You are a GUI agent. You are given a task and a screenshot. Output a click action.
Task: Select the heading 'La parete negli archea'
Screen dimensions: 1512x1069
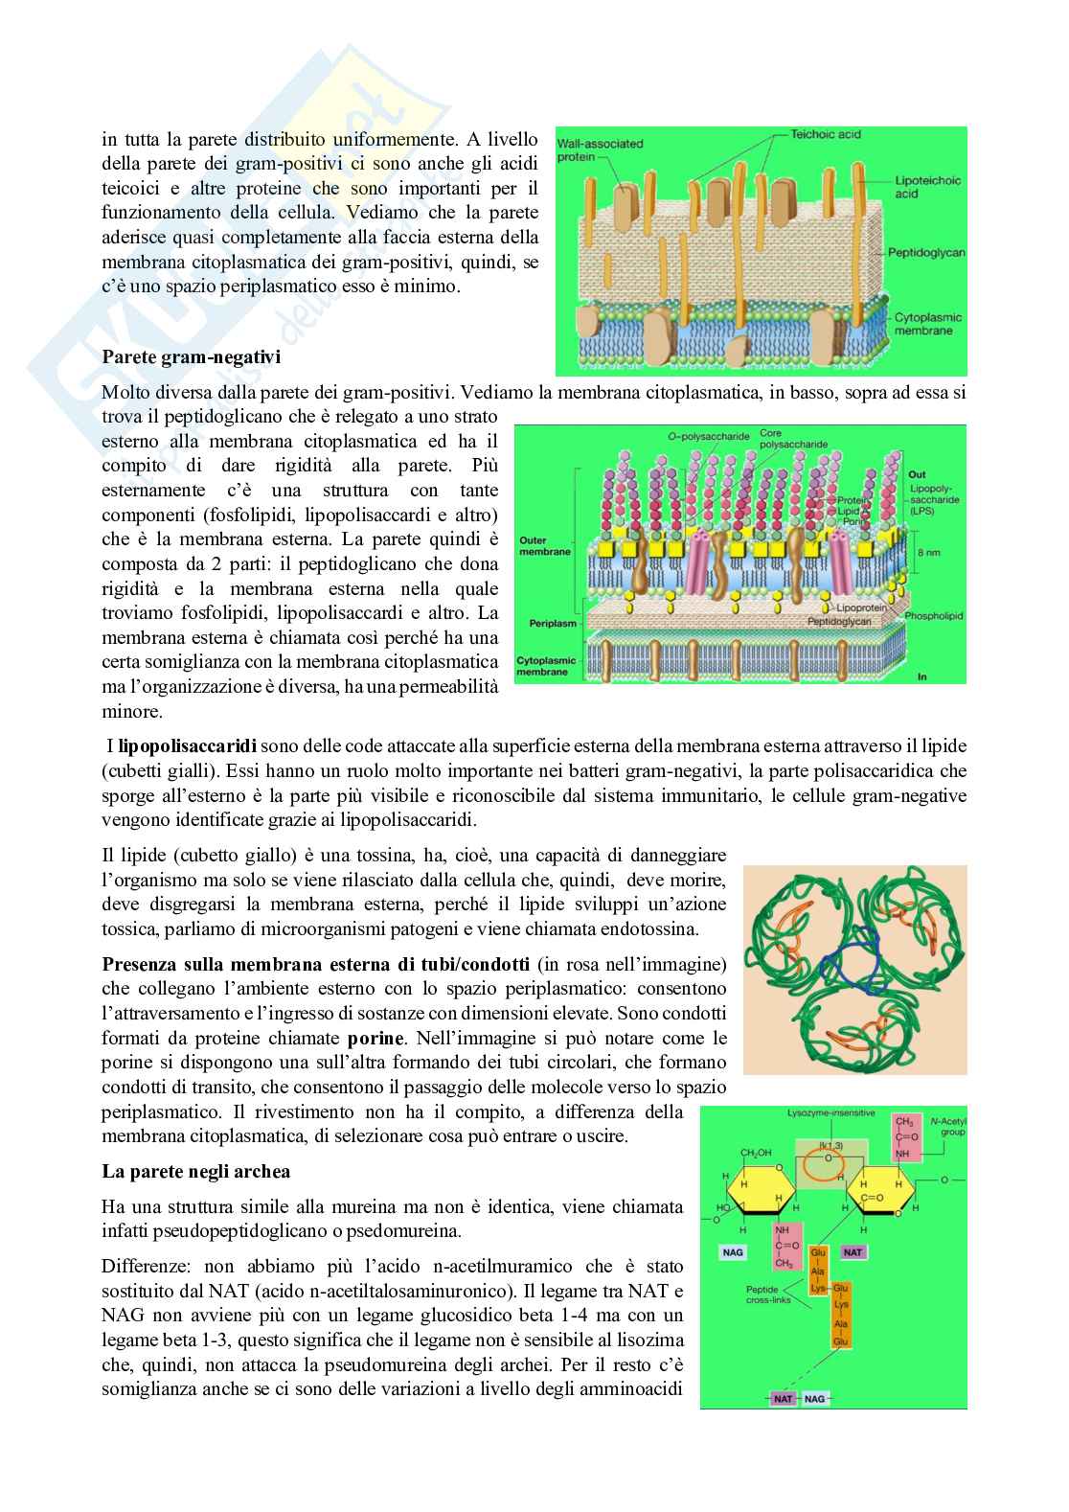click(195, 1172)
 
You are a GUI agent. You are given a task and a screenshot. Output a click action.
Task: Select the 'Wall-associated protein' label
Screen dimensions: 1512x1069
click(600, 149)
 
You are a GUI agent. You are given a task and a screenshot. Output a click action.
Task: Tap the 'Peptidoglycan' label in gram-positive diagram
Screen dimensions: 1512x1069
click(925, 253)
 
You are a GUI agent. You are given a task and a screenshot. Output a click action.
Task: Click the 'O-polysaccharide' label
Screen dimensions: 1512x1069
click(708, 436)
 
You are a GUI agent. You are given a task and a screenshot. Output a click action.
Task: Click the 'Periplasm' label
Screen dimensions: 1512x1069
click(553, 623)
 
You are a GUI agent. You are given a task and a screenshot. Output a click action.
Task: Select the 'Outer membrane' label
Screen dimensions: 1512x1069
click(545, 546)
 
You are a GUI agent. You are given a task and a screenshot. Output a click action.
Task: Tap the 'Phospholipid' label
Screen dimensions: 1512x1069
click(933, 616)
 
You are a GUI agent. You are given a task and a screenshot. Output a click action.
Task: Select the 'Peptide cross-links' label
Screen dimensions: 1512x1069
click(768, 1294)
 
